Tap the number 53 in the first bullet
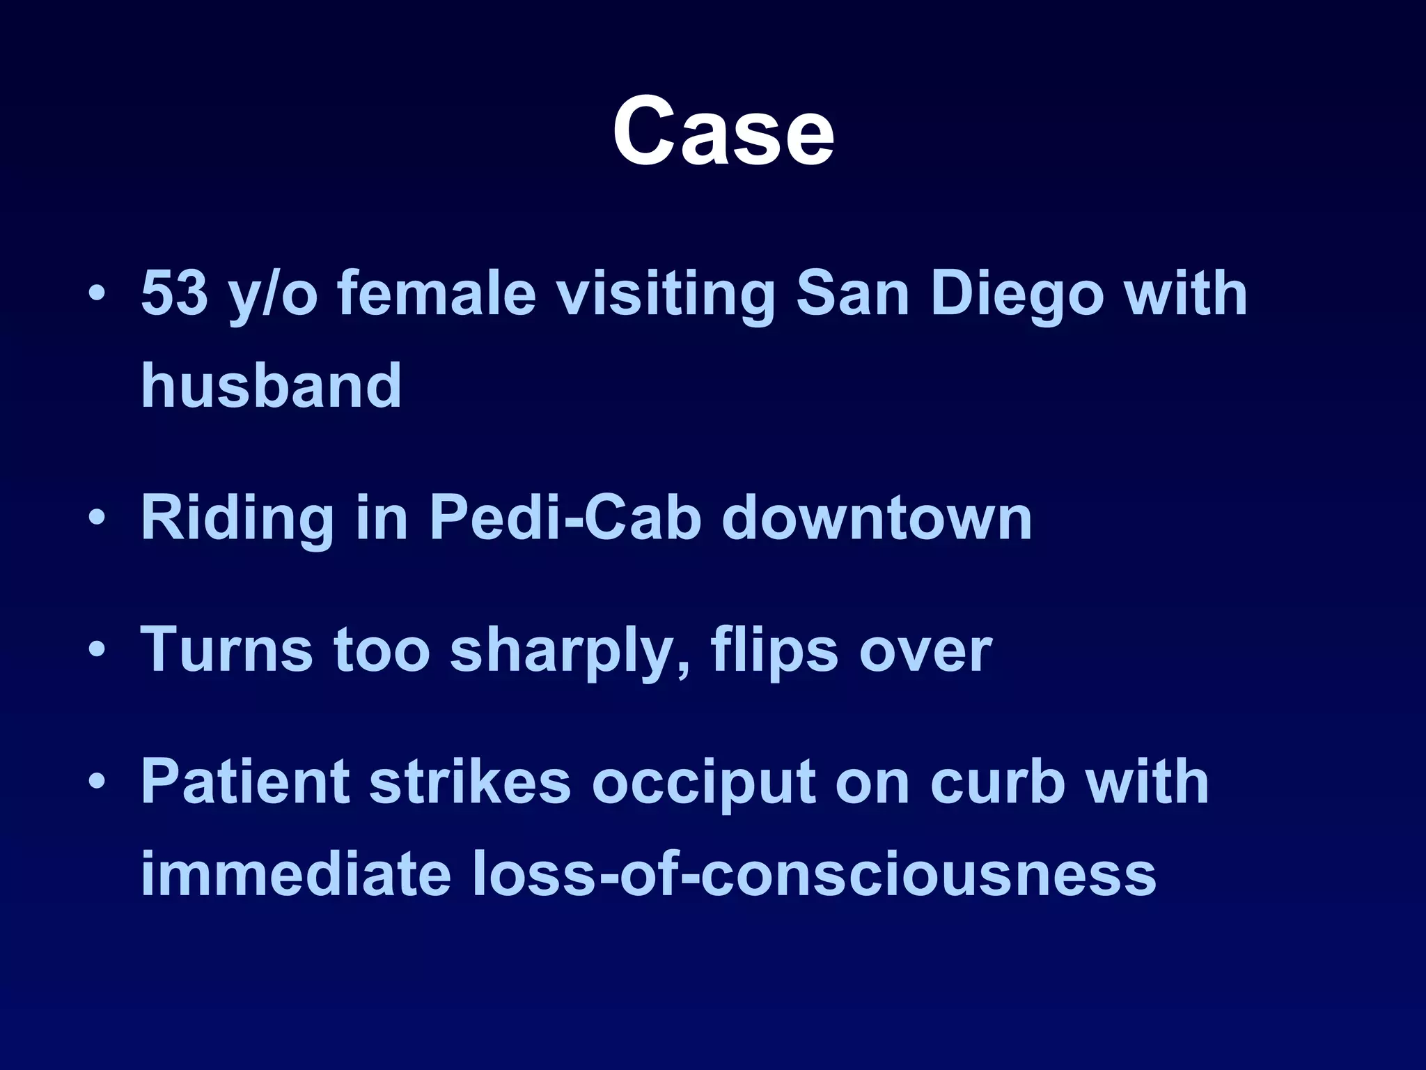(x=175, y=293)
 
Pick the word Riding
(x=237, y=519)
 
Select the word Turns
(x=227, y=649)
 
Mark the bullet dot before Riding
(x=97, y=518)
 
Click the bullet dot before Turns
(x=97, y=650)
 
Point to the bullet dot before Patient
(x=97, y=782)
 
